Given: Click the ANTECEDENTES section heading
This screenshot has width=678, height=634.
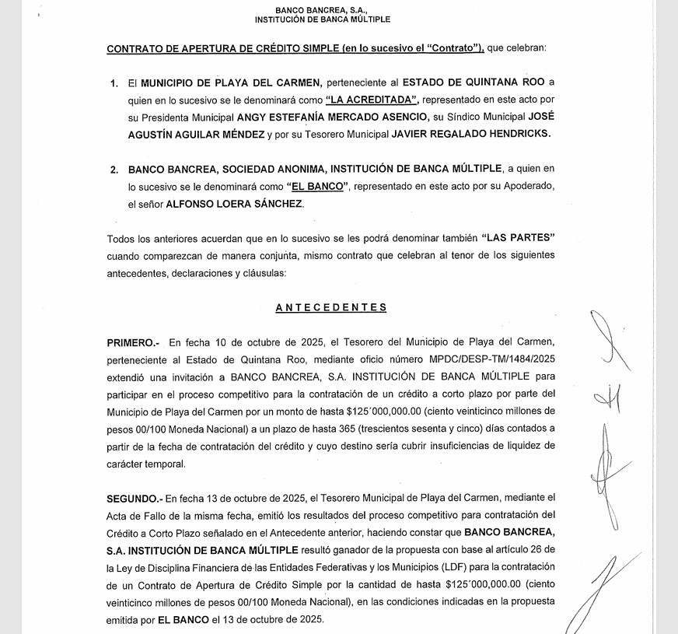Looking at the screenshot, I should [x=330, y=307].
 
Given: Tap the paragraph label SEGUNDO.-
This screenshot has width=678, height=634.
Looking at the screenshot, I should [x=135, y=498].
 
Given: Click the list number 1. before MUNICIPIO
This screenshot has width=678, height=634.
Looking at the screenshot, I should [x=114, y=82].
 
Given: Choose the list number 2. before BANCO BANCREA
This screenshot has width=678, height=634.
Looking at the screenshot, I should [x=114, y=169].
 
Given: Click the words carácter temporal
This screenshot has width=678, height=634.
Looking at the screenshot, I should [x=147, y=464].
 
